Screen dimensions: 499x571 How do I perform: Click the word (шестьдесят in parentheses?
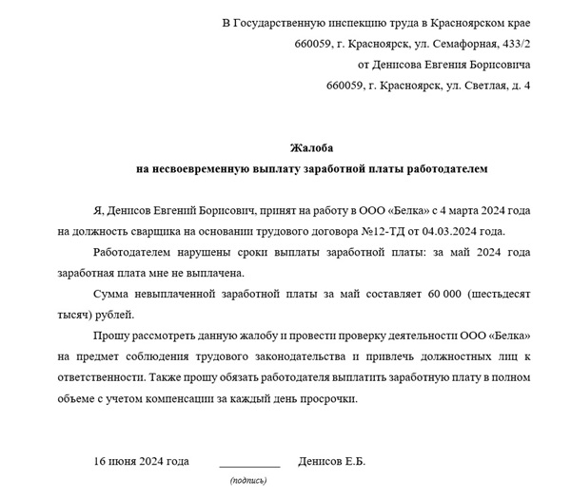500,294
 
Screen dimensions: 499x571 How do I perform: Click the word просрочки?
328,398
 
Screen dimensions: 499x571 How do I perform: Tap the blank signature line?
249,466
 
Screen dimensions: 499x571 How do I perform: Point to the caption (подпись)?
248,482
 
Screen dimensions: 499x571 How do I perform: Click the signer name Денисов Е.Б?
331,462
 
